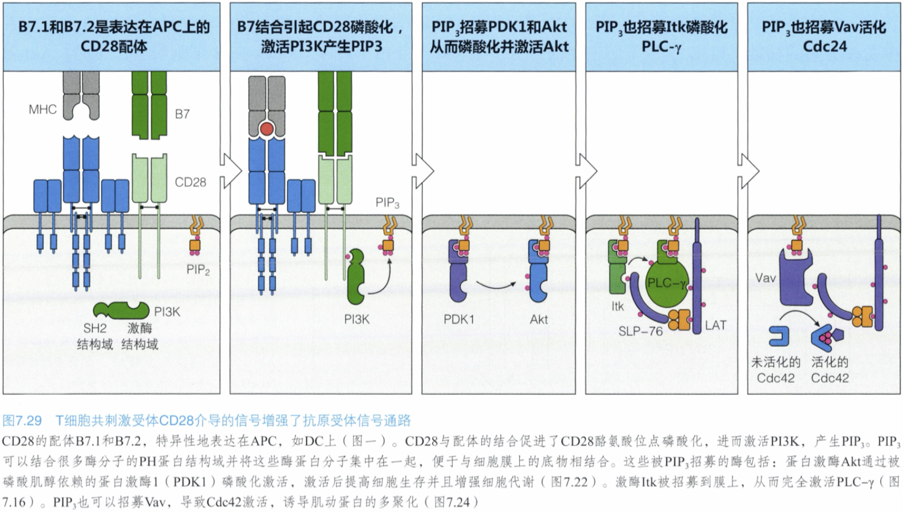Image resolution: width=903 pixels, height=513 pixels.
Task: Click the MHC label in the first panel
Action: (x=43, y=109)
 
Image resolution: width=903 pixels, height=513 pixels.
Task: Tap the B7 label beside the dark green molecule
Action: (x=182, y=114)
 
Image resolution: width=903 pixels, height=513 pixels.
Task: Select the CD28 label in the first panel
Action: (x=190, y=182)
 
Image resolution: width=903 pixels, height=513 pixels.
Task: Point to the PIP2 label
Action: (x=198, y=270)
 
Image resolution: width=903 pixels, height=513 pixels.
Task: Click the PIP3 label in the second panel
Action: (x=387, y=202)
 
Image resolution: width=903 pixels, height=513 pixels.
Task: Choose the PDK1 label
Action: (x=459, y=319)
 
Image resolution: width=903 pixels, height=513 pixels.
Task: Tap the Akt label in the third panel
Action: (x=539, y=319)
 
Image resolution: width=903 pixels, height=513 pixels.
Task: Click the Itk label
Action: (x=618, y=306)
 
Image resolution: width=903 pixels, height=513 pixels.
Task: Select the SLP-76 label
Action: (x=640, y=330)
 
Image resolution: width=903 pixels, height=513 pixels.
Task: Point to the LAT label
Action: (x=716, y=325)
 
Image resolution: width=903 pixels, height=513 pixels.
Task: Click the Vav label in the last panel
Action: (x=765, y=278)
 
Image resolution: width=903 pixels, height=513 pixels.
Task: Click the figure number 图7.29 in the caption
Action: (x=22, y=421)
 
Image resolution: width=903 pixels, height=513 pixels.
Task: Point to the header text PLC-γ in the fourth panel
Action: (x=661, y=47)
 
